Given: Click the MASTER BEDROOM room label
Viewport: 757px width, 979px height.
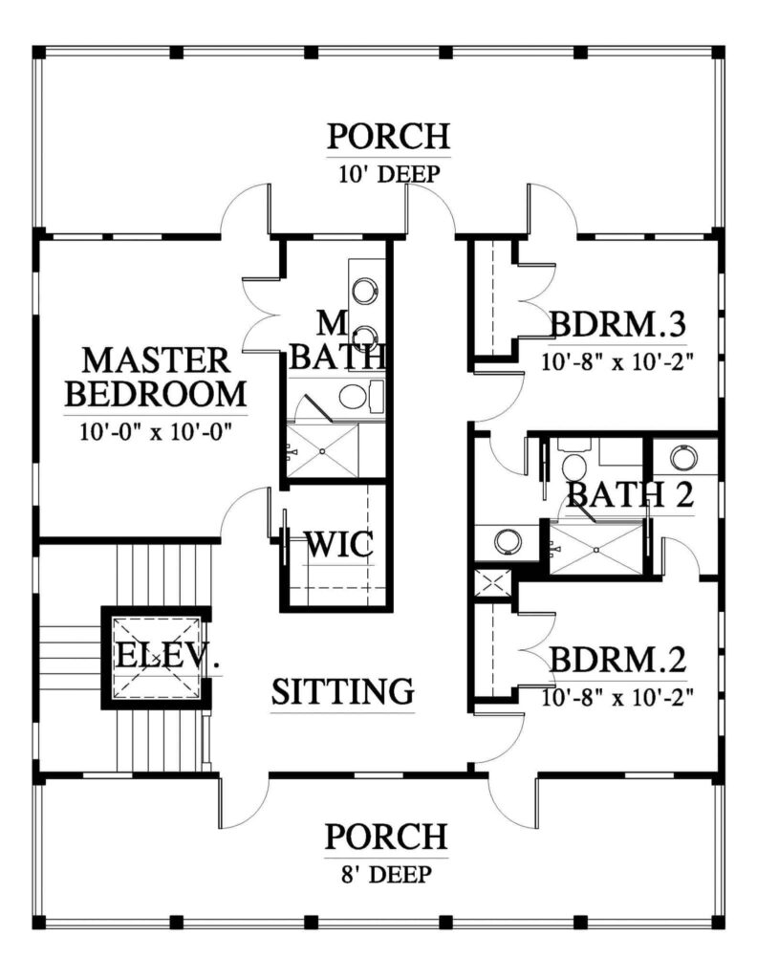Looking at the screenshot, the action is click(156, 377).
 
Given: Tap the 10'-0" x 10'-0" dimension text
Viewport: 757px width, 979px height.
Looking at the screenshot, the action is click(156, 431).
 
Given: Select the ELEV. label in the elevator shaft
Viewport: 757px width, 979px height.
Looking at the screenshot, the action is click(168, 656).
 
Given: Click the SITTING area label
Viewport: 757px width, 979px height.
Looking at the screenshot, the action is click(342, 691).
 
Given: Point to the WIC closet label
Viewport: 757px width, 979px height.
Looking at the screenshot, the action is click(339, 544).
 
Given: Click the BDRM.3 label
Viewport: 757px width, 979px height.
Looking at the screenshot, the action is click(617, 325).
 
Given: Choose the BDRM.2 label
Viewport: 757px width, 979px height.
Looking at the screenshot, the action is click(617, 660).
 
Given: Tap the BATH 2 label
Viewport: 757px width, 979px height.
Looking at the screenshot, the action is click(630, 494).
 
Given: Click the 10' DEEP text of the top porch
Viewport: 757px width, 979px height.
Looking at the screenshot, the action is click(389, 174).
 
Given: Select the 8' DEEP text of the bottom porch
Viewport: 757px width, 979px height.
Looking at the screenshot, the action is click(387, 874).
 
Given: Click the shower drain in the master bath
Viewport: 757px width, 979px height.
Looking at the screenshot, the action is click(323, 451).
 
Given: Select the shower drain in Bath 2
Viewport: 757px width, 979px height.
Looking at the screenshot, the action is click(596, 550).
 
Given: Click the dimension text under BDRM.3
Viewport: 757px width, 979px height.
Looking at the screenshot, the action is click(617, 361).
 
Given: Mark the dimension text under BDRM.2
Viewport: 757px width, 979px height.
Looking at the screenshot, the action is click(617, 696).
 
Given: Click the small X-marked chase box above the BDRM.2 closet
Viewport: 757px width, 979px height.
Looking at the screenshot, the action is click(493, 584).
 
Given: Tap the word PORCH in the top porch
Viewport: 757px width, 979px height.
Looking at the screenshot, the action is click(389, 136).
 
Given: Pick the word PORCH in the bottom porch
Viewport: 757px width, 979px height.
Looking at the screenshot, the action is click(386, 837).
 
